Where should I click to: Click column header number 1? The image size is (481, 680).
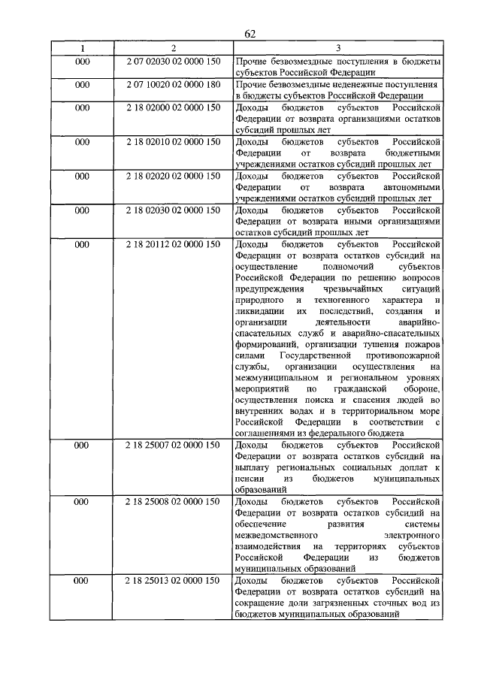point(83,47)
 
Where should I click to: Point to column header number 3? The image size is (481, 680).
point(337,47)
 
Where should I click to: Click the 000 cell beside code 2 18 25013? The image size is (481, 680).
point(83,580)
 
